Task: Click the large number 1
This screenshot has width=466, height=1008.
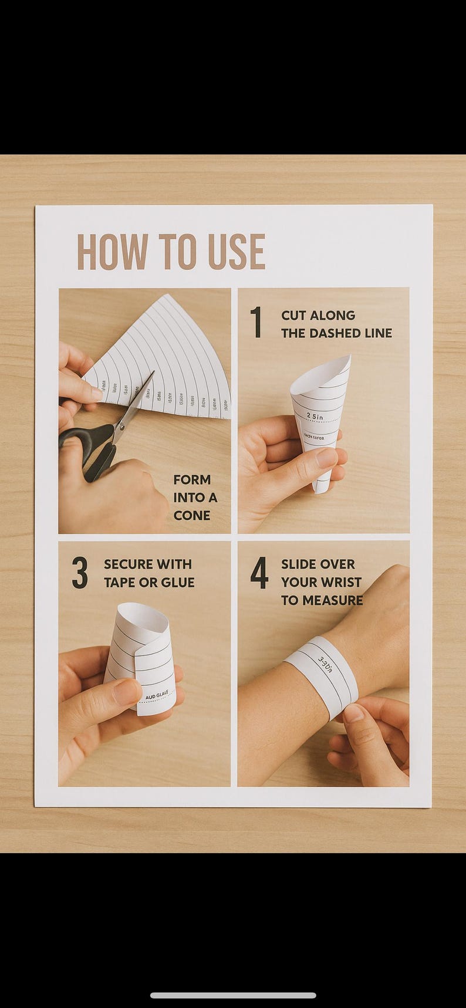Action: (256, 322)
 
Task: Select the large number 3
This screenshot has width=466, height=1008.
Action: (80, 573)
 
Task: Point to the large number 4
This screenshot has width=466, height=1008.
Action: (259, 573)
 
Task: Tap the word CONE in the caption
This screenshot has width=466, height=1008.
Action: (191, 516)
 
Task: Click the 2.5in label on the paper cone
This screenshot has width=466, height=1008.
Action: (315, 417)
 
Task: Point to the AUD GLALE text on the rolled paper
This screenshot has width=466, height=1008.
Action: (156, 695)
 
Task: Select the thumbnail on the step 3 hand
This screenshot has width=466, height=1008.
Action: (127, 692)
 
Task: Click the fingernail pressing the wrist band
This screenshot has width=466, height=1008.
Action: (353, 713)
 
